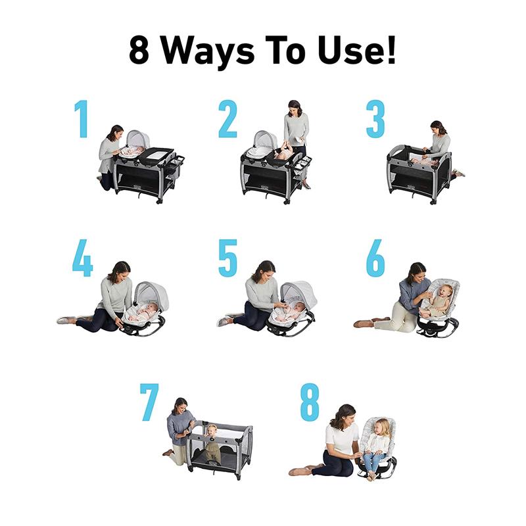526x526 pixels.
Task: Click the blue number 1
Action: (82, 119)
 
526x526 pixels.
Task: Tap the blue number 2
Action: (227, 119)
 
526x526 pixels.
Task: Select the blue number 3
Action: (375, 119)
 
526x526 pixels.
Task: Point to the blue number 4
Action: (83, 258)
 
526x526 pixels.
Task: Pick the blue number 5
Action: (227, 258)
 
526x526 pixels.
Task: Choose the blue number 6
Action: (375, 258)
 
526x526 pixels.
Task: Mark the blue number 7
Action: (149, 402)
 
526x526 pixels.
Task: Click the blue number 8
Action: (310, 402)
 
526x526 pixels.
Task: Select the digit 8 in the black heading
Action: (139, 50)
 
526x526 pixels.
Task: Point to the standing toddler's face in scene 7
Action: (212, 431)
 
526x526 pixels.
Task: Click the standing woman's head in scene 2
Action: (295, 108)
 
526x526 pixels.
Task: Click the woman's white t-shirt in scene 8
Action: (341, 438)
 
